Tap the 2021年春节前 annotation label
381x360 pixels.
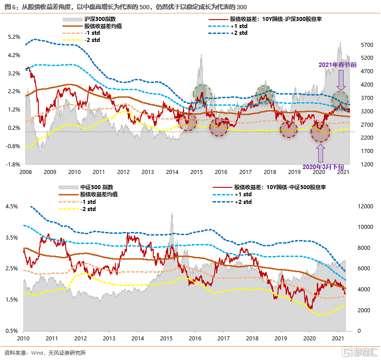coord(337,65)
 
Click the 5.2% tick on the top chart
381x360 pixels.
coord(14,37)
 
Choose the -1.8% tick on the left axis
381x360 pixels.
coord(13,164)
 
